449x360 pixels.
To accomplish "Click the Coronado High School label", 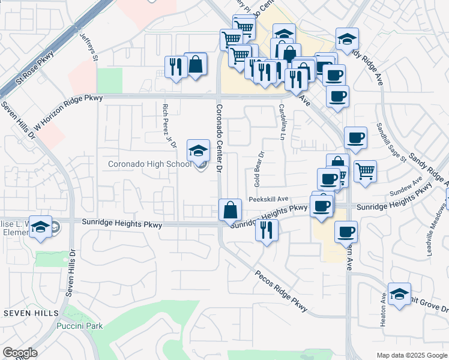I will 149,164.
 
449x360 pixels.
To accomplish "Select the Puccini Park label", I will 79,326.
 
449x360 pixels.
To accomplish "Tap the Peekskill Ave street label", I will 268,199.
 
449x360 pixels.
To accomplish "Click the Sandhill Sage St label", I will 387,140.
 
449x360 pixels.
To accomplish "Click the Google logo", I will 20,353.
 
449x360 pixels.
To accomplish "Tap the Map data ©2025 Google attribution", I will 411,355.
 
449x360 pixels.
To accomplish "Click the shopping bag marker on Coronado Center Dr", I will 230,211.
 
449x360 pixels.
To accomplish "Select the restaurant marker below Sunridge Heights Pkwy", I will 267,230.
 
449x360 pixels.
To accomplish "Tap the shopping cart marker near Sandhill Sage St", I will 365,172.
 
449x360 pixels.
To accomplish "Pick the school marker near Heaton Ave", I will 399,295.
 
